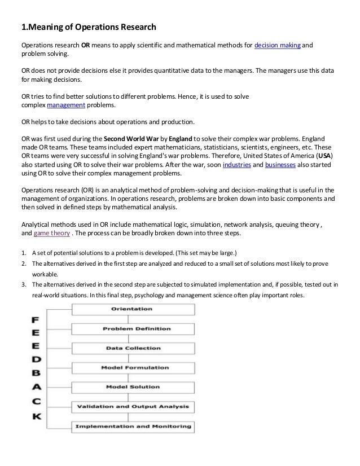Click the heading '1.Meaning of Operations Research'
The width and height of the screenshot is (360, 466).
pos(89,27)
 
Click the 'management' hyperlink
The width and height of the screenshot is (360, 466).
pos(65,105)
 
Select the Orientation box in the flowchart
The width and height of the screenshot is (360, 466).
pos(132,310)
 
